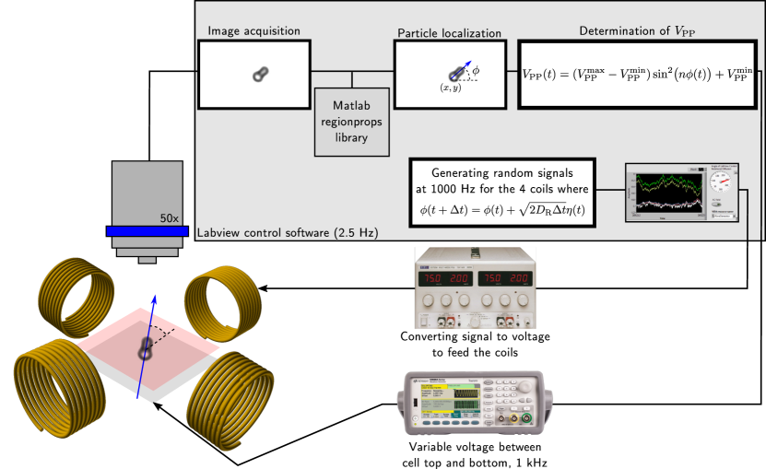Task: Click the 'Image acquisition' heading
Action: pyautogui.click(x=253, y=30)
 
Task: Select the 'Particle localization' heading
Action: pyautogui.click(x=449, y=33)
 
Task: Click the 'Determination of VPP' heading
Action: pyautogui.click(x=637, y=30)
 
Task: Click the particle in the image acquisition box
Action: pyautogui.click(x=261, y=74)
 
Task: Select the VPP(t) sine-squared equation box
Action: pyautogui.click(x=637, y=75)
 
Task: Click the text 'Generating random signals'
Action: pyautogui.click(x=502, y=172)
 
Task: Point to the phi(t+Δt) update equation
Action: pyautogui.click(x=502, y=211)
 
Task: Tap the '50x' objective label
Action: pyautogui.click(x=169, y=218)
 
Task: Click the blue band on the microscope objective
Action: pyautogui.click(x=147, y=230)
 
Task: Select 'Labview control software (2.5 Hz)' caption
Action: pyautogui.click(x=288, y=232)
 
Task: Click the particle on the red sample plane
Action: pyautogui.click(x=145, y=348)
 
